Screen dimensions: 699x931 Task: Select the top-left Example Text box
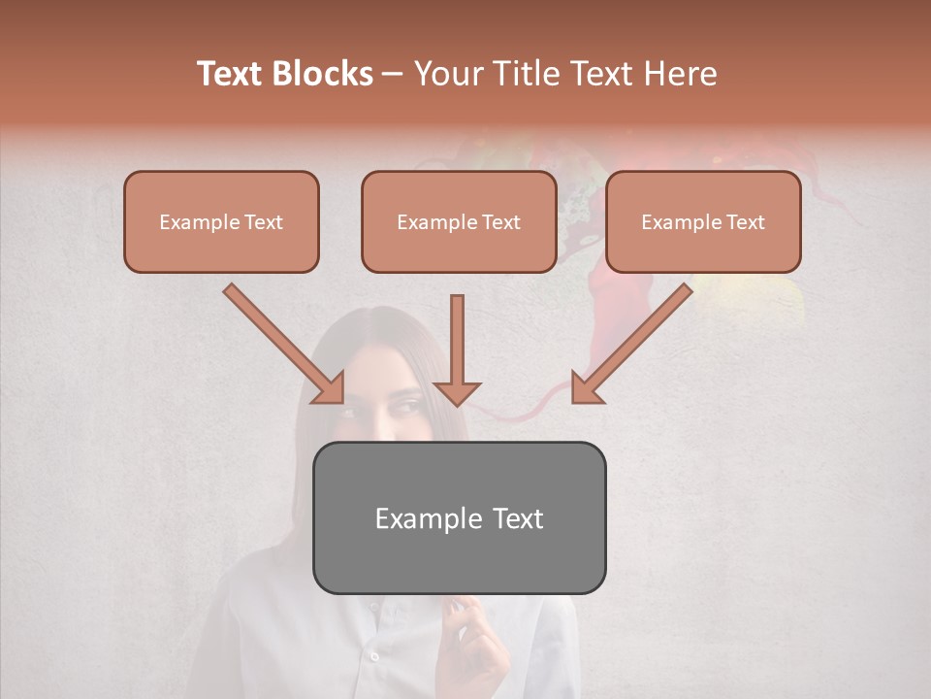221,222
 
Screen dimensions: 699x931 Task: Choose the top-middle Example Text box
459,222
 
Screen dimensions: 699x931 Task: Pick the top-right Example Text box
703,222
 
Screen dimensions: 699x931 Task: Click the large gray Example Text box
459,518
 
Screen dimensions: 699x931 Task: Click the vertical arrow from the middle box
457,349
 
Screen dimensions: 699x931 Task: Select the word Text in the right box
745,222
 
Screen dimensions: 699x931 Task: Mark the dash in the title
393,75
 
